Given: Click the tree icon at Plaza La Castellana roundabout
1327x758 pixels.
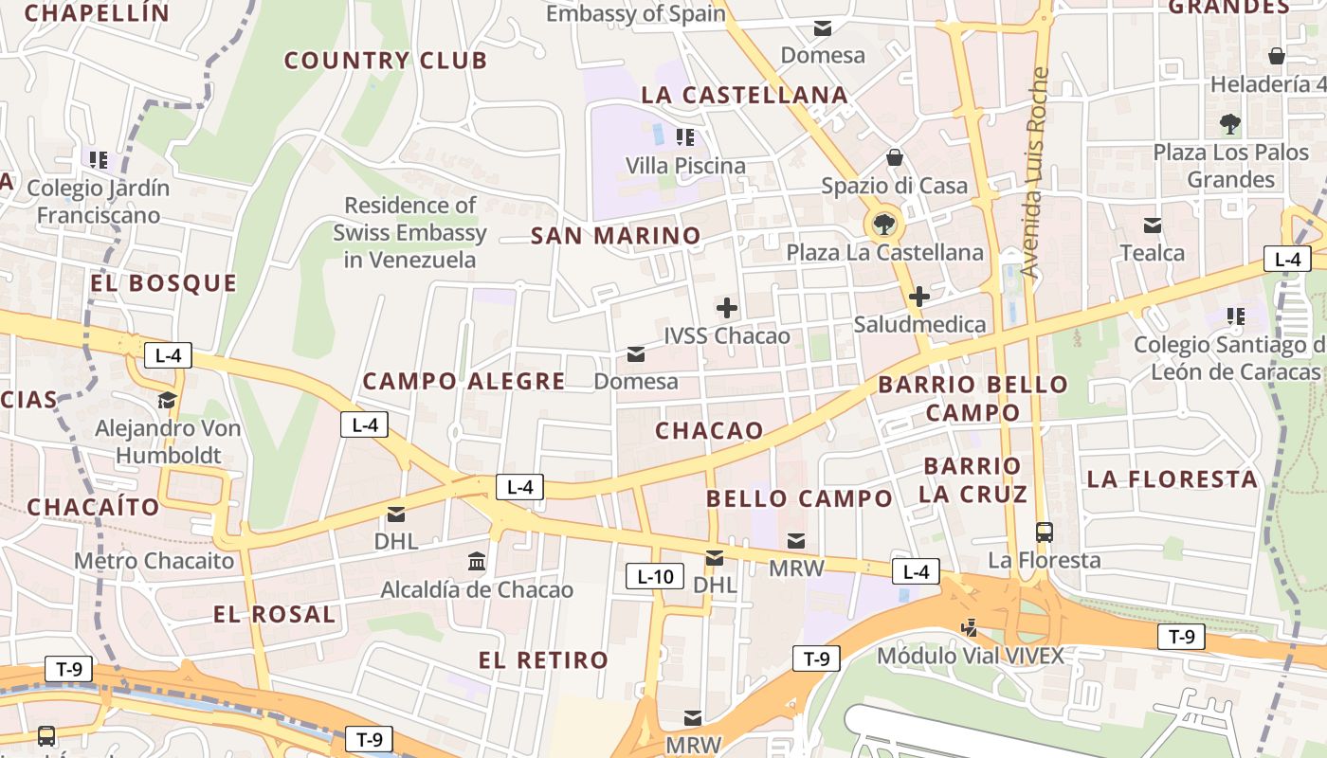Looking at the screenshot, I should click(x=883, y=225).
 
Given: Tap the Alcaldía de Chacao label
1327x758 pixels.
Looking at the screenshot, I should click(x=477, y=589).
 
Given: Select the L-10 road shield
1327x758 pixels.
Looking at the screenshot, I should click(x=654, y=575).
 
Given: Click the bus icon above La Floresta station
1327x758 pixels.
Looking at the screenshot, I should click(x=1045, y=532).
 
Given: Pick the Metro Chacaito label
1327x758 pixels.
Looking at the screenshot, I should click(x=154, y=560).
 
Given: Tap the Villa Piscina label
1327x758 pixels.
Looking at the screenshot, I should click(x=685, y=166).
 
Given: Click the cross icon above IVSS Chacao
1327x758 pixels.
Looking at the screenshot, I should click(x=727, y=308).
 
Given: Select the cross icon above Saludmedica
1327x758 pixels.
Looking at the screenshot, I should click(x=918, y=297).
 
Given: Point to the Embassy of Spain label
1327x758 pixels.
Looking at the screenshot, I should click(x=636, y=13).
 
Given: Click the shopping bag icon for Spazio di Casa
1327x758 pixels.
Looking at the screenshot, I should click(x=894, y=157).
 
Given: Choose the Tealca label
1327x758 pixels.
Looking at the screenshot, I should click(x=1153, y=253).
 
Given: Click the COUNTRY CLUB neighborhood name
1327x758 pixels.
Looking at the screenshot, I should click(x=386, y=61).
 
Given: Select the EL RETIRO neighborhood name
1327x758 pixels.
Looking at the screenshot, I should click(x=543, y=660).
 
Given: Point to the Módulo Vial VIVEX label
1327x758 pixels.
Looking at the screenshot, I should click(x=970, y=655).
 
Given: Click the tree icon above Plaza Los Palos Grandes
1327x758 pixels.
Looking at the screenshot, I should click(x=1230, y=123).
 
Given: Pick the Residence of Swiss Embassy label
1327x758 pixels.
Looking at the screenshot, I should click(x=409, y=232).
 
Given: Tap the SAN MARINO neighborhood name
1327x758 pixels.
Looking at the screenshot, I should click(x=616, y=236).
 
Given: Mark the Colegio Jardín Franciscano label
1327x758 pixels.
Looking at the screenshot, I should click(x=99, y=201).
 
